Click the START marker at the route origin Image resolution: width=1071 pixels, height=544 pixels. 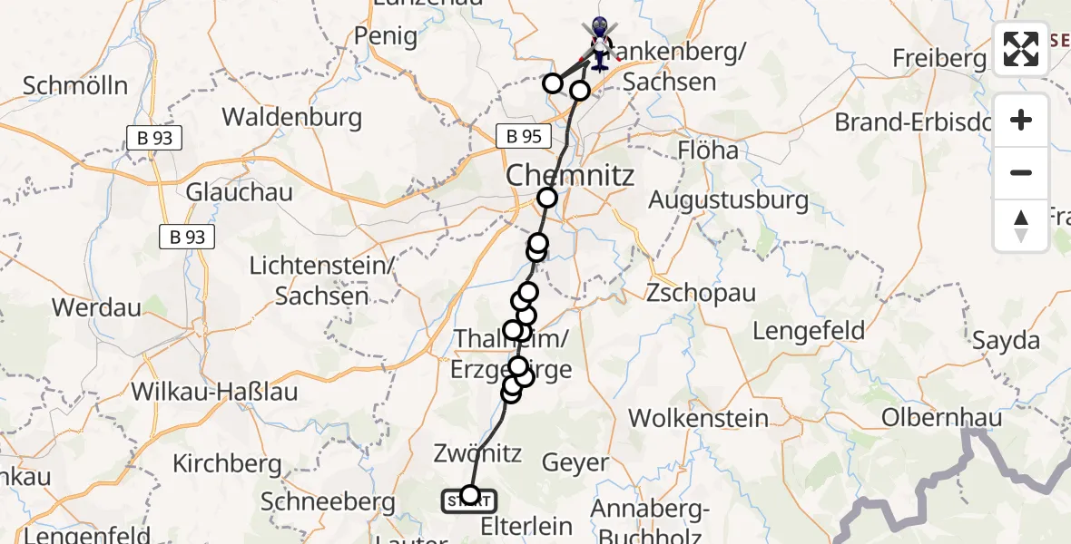(x=469, y=499)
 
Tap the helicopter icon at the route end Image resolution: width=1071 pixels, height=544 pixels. (x=599, y=44)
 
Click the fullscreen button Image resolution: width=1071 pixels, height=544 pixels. (x=1021, y=49)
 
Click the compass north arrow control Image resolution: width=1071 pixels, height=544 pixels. (x=1021, y=225)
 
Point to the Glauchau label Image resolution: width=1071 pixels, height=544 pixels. (x=226, y=192)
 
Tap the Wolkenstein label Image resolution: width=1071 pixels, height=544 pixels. (x=698, y=419)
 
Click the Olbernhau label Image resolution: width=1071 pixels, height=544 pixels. (x=943, y=418)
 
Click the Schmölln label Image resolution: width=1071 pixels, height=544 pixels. (x=75, y=86)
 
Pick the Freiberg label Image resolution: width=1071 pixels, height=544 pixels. (x=938, y=58)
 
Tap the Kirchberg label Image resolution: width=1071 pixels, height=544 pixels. (x=227, y=463)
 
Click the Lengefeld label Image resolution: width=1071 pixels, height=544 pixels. (x=809, y=331)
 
